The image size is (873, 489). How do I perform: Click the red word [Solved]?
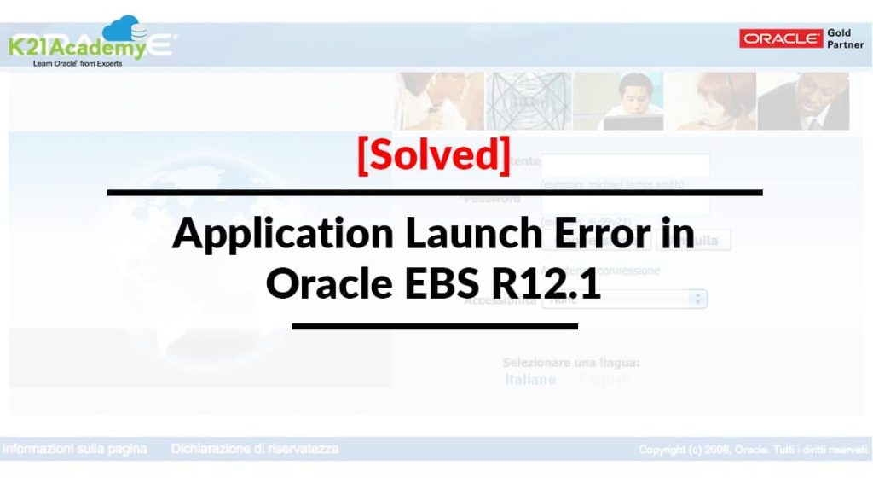pyautogui.click(x=434, y=154)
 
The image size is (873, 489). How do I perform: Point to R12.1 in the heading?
pyautogui.click(x=557, y=283)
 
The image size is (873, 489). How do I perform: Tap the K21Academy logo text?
pyautogui.click(x=77, y=49)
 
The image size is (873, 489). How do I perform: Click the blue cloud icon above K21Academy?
pyautogui.click(x=129, y=29)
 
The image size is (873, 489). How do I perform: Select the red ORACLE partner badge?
pyautogui.click(x=781, y=38)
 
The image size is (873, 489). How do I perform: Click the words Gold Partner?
pyautogui.click(x=845, y=38)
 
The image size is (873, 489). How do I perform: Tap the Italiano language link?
pyautogui.click(x=530, y=379)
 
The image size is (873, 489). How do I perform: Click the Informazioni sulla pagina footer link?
pyautogui.click(x=75, y=449)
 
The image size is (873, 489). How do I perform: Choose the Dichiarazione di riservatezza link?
pyautogui.click(x=255, y=449)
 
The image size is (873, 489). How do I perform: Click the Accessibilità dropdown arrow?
pyautogui.click(x=698, y=299)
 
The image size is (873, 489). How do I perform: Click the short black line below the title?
pyautogui.click(x=434, y=325)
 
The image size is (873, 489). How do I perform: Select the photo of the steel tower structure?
pyautogui.click(x=529, y=101)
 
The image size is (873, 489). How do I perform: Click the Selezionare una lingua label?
pyautogui.click(x=571, y=363)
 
